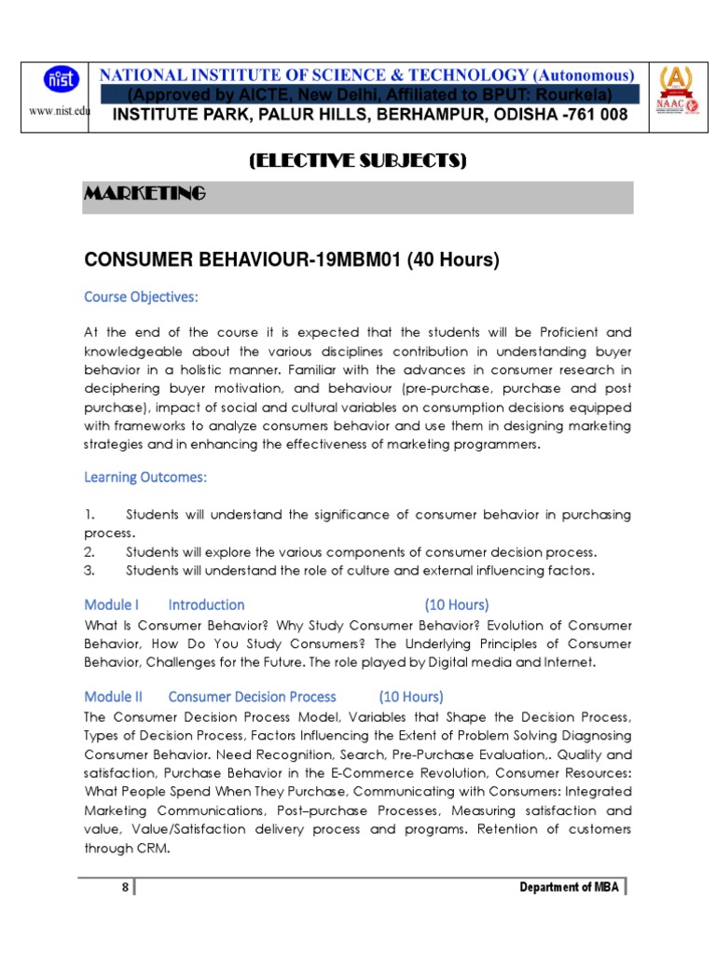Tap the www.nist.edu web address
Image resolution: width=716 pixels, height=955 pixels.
coord(57,111)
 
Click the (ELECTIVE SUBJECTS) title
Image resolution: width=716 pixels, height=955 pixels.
coord(357,160)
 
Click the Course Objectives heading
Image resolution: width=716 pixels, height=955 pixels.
coord(142,298)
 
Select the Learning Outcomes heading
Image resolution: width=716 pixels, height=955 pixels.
coord(145,477)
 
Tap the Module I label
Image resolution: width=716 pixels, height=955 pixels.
coord(112,604)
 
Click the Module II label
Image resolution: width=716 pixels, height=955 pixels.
coord(114,697)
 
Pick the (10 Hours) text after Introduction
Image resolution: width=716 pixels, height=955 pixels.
coord(457,604)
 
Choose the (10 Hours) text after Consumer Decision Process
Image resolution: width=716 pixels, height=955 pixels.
coord(411,697)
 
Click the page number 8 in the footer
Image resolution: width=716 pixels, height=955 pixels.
coord(125,887)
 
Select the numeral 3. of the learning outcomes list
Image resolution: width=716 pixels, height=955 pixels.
coord(89,571)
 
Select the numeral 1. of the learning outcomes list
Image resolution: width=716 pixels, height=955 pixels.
coord(89,515)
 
